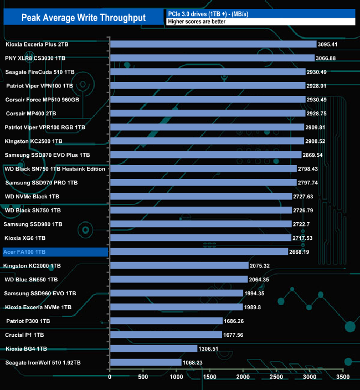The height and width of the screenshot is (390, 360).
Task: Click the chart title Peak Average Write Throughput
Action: coord(84,18)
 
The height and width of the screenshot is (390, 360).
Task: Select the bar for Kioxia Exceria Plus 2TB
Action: coord(213,44)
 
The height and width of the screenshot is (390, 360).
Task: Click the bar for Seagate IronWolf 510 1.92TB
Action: coord(146,362)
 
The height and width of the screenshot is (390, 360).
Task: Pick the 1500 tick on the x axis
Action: coord(210,377)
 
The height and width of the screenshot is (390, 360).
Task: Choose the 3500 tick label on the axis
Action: coord(343,377)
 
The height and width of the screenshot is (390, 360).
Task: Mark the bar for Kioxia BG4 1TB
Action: coord(153,348)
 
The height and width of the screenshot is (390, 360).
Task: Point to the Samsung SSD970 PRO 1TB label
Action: coord(42,182)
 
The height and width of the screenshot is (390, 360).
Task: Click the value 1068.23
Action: coord(194,362)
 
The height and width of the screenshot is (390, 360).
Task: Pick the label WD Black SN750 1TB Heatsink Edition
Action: coord(55,168)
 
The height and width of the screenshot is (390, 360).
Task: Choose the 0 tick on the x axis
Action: coord(110,377)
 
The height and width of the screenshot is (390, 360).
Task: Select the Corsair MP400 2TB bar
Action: coord(208,113)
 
